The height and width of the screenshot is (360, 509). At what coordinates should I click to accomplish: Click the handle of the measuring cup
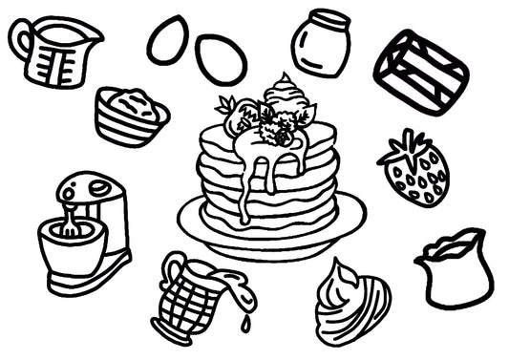(x=20, y=39)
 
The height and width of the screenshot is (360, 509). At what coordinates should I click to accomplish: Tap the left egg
(x=167, y=40)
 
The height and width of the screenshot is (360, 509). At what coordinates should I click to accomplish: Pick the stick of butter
(x=420, y=71)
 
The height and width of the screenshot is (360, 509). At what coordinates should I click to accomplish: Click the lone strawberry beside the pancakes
(x=416, y=173)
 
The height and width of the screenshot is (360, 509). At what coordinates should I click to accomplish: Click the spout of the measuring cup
(x=95, y=34)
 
